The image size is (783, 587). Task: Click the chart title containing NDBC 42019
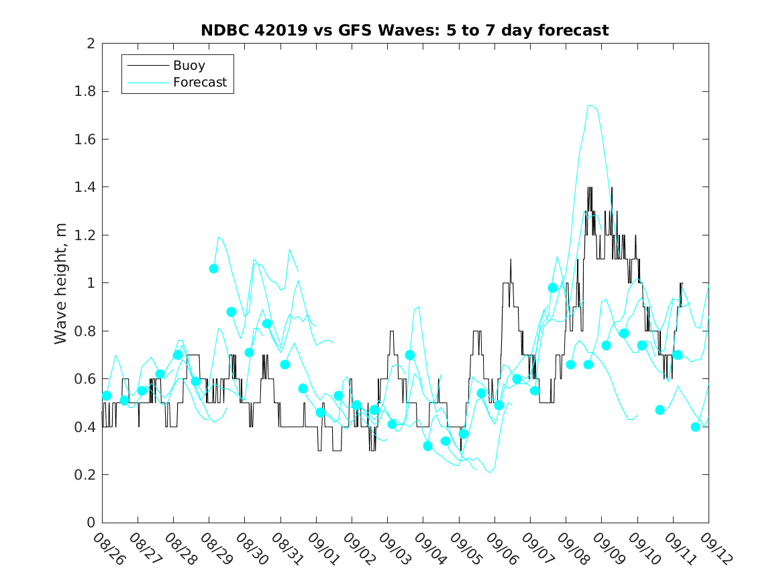405,31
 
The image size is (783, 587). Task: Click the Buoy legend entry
189,66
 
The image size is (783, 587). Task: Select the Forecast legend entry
199,83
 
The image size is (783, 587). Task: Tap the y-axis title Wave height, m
61,283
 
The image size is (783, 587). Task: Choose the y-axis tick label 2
90,44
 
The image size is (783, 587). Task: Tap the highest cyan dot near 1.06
213,268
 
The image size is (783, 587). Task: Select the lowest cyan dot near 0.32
428,445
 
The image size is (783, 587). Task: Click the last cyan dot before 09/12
695,427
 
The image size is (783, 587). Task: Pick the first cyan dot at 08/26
107,395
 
